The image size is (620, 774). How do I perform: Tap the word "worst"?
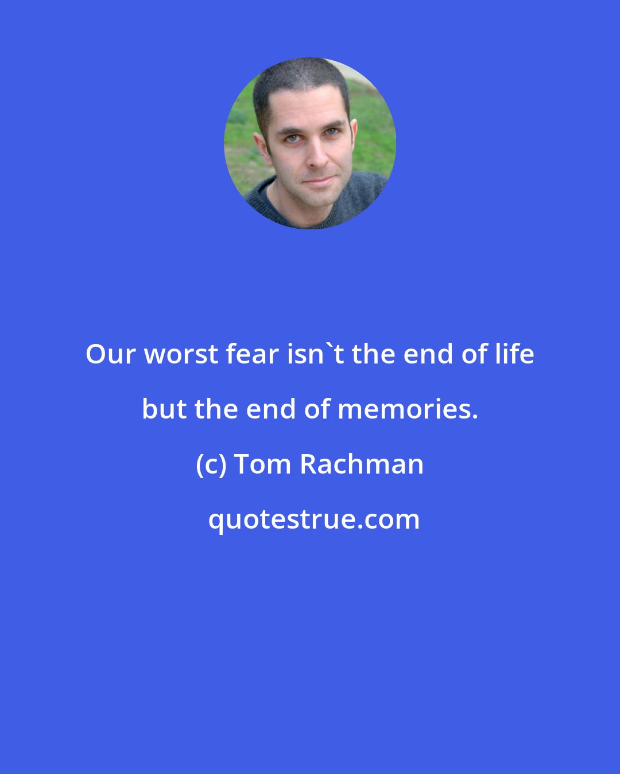click(x=181, y=354)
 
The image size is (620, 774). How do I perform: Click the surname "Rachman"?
click(x=362, y=464)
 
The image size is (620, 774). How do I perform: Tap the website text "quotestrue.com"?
click(x=313, y=519)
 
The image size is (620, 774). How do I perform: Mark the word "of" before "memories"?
click(x=316, y=409)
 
